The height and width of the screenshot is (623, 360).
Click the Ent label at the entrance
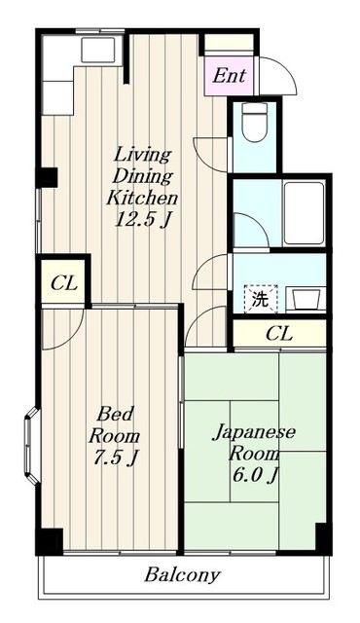tap(230, 75)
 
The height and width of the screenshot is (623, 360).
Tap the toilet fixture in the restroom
tap(253, 124)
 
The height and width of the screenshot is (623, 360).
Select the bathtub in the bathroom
tap(305, 211)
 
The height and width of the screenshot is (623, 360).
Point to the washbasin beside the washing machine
tap(305, 298)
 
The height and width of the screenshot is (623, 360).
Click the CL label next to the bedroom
tap(63, 285)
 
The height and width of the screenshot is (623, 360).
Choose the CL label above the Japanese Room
tap(278, 334)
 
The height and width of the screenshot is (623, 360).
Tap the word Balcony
tap(182, 574)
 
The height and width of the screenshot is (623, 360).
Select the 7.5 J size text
tap(114, 457)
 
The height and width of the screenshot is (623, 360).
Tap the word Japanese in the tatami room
tap(255, 432)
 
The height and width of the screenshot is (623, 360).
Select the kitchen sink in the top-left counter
tap(99, 50)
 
